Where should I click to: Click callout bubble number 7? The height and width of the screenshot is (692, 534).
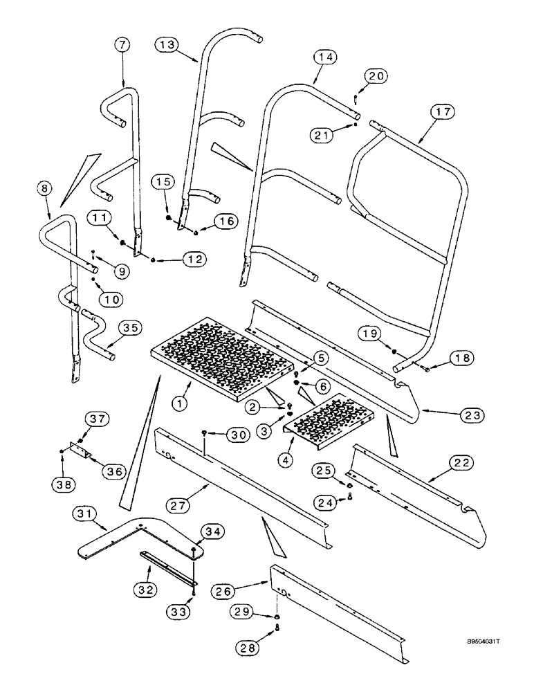[x=122, y=45]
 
